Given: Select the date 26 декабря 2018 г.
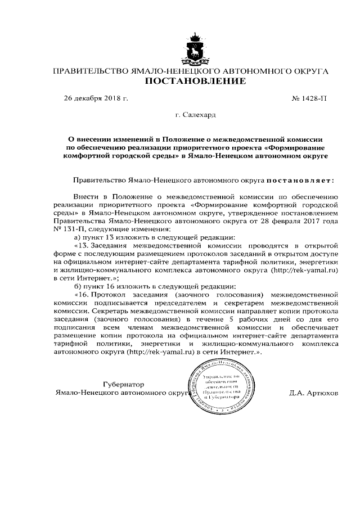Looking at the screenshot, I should click(96, 99).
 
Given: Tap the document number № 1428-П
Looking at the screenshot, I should click(309, 99).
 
